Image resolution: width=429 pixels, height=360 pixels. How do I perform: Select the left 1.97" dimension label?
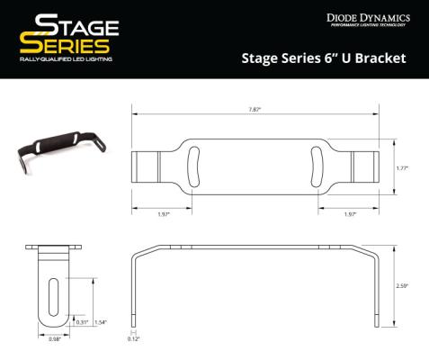(x=162, y=215)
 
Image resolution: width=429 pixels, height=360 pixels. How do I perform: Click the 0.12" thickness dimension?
(x=134, y=339)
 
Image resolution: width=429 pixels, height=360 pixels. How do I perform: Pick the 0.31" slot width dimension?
(x=82, y=322)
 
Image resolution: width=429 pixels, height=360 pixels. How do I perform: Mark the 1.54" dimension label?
(x=101, y=322)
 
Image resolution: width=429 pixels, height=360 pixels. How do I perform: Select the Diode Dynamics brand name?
(x=367, y=17)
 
